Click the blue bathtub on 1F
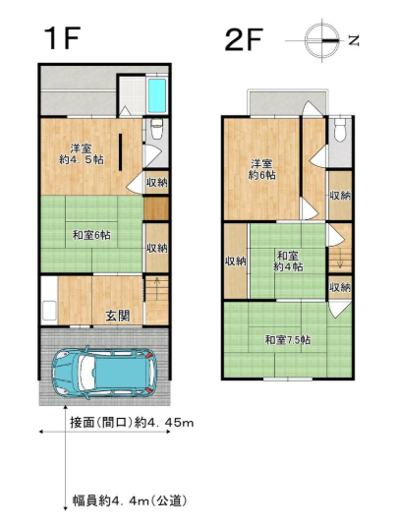(x=157, y=95)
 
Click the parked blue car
(x=104, y=373)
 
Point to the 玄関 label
(x=118, y=316)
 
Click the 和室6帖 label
(x=91, y=235)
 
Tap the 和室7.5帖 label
(x=288, y=340)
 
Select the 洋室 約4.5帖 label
(x=82, y=153)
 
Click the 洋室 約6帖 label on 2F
(x=261, y=169)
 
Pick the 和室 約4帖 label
(x=288, y=262)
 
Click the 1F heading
(x=63, y=38)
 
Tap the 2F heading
(x=244, y=39)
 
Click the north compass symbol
(x=322, y=41)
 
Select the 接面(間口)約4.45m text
(x=132, y=423)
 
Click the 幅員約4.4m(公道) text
(x=130, y=501)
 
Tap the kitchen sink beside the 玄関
(x=49, y=311)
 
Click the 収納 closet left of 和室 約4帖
(x=236, y=261)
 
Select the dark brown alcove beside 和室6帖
(x=156, y=208)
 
